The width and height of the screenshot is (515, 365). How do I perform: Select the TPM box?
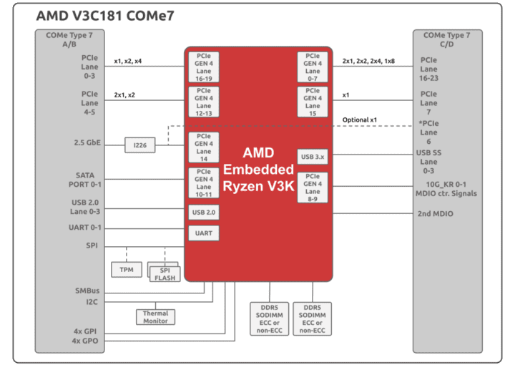[126, 270]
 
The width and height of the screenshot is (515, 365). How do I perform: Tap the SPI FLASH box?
[164, 273]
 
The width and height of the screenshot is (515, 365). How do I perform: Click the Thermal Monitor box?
[155, 317]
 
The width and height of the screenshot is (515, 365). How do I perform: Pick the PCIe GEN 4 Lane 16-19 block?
[204, 67]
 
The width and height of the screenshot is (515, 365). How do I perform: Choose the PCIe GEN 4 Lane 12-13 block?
[204, 102]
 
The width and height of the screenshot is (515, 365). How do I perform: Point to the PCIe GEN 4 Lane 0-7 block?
[313, 67]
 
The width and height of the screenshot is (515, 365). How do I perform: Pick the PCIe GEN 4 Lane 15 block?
[313, 102]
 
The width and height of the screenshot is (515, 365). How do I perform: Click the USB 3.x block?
[313, 156]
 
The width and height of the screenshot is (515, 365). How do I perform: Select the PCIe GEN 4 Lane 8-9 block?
[313, 187]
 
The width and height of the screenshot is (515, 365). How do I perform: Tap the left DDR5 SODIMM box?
[270, 318]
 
